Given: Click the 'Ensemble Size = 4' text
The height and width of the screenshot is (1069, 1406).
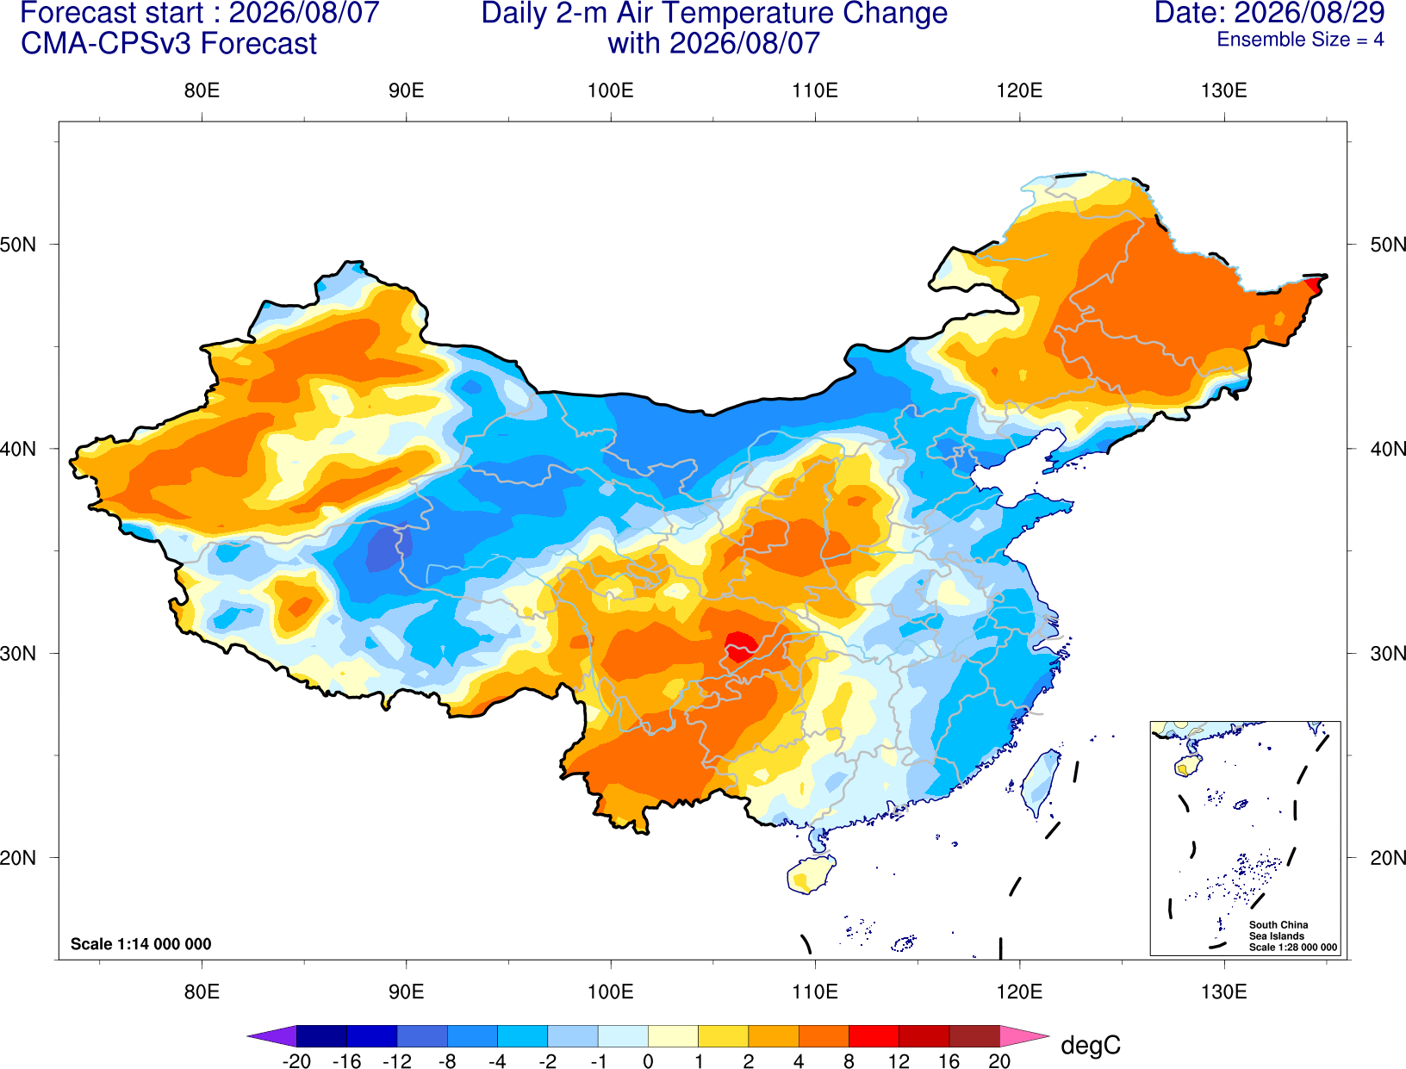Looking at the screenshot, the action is click(x=1300, y=40).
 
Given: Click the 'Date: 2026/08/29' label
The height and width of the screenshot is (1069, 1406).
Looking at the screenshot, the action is click(x=1269, y=12).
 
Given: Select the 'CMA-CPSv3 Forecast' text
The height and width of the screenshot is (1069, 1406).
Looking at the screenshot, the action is click(x=169, y=44).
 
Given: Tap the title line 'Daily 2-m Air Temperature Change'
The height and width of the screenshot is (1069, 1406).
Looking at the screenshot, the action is click(x=714, y=13).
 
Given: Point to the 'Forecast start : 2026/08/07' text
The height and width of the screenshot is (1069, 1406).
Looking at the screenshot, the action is click(x=200, y=13).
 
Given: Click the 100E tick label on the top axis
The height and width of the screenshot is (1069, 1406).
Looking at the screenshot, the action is click(x=611, y=90).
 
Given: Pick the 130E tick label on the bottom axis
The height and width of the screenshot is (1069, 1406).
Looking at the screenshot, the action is click(x=1223, y=991).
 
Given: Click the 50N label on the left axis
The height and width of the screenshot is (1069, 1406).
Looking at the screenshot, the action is click(x=18, y=244).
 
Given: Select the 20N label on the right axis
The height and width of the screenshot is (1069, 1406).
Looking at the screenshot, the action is click(x=1388, y=858).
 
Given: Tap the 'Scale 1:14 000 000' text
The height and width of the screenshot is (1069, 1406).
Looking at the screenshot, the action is click(x=141, y=943).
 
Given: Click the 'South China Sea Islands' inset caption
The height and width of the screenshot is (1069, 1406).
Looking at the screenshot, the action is click(x=1278, y=930).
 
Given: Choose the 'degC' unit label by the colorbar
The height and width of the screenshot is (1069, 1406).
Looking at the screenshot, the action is click(x=1090, y=1045).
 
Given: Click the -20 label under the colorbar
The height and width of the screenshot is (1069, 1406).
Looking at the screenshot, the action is click(x=296, y=1061).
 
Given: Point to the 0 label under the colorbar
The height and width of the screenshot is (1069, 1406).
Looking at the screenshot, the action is click(x=648, y=1061).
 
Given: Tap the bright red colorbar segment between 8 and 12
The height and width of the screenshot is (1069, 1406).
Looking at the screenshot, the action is click(x=874, y=1035).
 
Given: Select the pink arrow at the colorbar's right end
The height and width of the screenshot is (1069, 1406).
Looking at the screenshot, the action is click(x=1023, y=1035).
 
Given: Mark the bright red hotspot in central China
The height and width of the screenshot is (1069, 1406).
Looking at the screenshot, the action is click(x=740, y=646).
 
